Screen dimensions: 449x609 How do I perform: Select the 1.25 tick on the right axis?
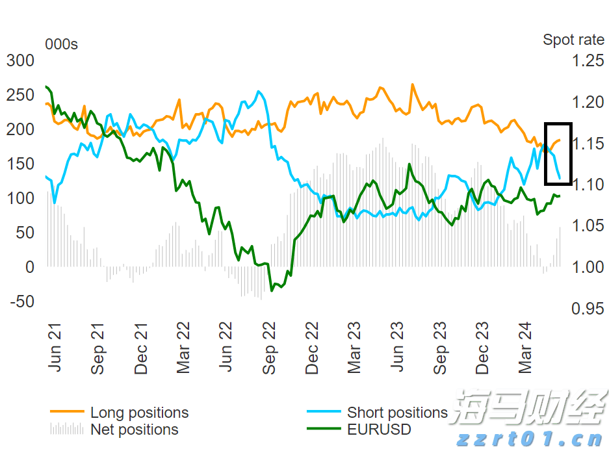coord(588,61)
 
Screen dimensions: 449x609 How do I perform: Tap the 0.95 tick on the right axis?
coord(588,309)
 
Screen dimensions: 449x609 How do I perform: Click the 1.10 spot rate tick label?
coord(588,185)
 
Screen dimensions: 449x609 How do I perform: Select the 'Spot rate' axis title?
coord(573,40)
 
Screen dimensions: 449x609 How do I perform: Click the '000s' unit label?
coord(61,44)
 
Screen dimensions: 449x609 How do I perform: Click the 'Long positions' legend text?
coord(139,413)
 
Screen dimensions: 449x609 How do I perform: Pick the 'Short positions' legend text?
coord(397,413)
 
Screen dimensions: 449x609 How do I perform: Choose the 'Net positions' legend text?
coord(134,430)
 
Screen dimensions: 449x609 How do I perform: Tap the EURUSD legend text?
coord(379,430)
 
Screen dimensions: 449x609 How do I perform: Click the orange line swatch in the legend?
coord(67,412)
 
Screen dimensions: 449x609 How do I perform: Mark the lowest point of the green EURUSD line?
coord(271,290)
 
